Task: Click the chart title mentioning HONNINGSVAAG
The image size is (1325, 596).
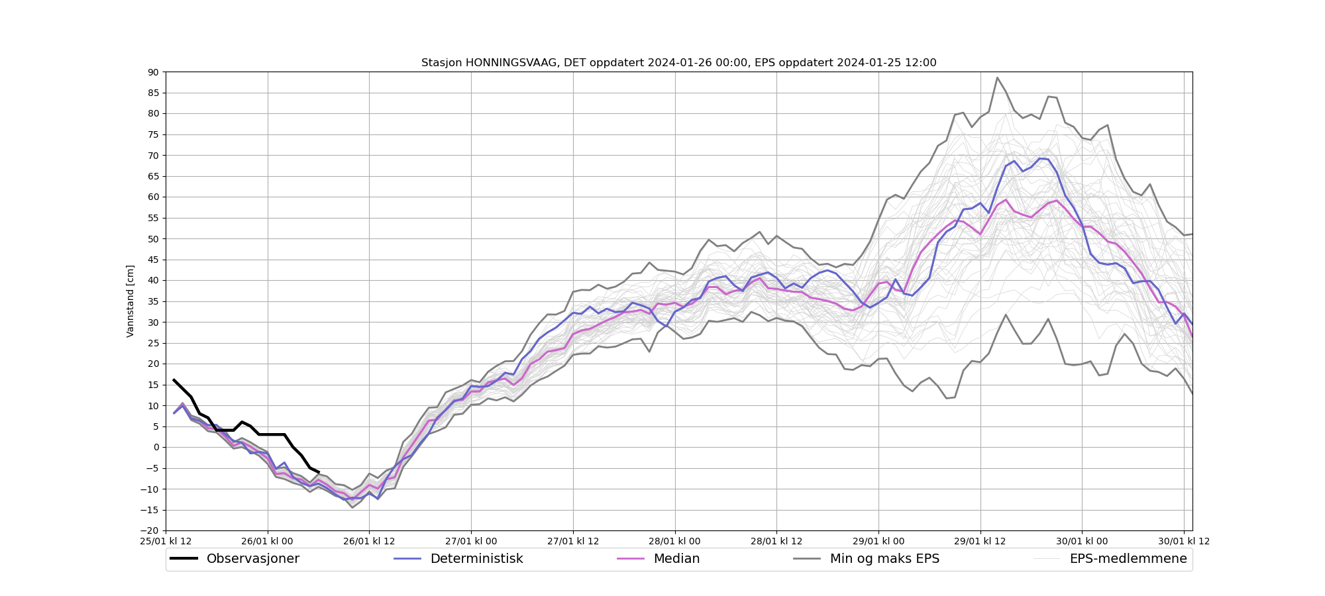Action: (678, 63)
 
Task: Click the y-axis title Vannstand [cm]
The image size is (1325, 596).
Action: (131, 301)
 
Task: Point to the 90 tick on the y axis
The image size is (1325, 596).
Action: (153, 72)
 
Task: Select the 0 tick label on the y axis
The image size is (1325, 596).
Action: (156, 448)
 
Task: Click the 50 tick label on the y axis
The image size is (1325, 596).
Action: (153, 239)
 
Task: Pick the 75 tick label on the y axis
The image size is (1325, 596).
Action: (153, 134)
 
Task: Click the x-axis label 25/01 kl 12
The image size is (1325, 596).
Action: (166, 541)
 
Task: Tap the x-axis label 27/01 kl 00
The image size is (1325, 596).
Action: (471, 541)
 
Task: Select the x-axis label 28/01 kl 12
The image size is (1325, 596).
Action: (776, 541)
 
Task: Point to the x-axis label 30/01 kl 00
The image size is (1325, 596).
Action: (1082, 541)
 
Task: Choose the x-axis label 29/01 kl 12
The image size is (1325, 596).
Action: (980, 541)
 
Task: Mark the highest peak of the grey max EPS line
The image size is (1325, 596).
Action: (997, 77)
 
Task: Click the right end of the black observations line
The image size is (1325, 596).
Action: (319, 472)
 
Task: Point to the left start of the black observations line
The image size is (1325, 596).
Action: (174, 380)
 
